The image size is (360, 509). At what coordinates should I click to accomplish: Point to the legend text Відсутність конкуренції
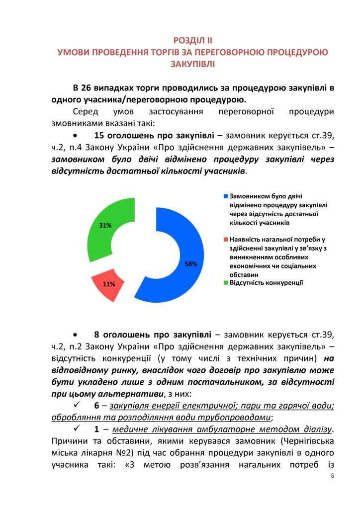click(267, 282)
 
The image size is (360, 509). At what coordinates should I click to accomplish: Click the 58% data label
click(191, 264)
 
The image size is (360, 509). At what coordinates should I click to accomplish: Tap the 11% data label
click(109, 284)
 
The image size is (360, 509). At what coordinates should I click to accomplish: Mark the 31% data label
click(105, 225)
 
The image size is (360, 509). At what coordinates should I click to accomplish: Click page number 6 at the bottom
click(332, 476)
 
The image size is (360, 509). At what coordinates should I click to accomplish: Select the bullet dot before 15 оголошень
click(75, 136)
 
